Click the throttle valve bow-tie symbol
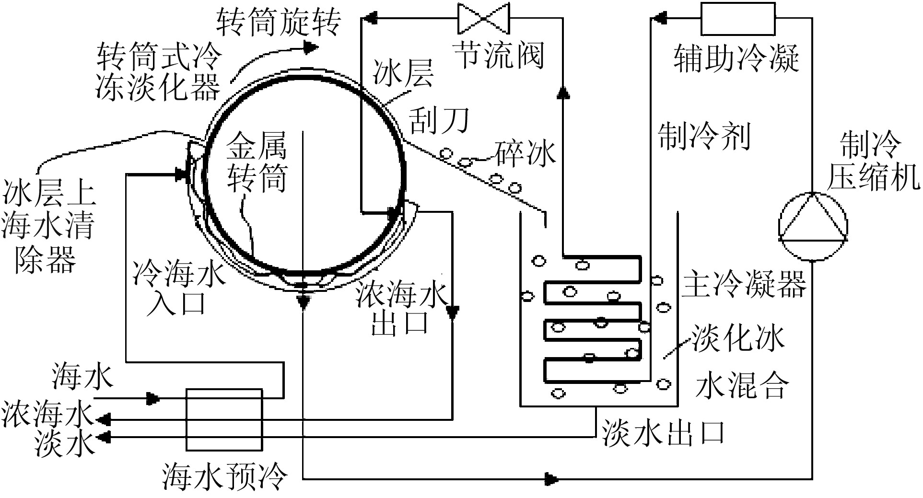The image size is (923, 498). [x=483, y=18]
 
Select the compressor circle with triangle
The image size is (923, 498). [x=812, y=226]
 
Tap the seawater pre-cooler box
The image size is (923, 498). [x=224, y=420]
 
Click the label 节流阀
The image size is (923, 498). [x=499, y=55]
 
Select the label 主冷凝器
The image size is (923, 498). [x=744, y=283]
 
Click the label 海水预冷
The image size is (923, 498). [x=225, y=475]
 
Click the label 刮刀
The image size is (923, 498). [x=439, y=120]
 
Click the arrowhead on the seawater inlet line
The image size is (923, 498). [x=152, y=398]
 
